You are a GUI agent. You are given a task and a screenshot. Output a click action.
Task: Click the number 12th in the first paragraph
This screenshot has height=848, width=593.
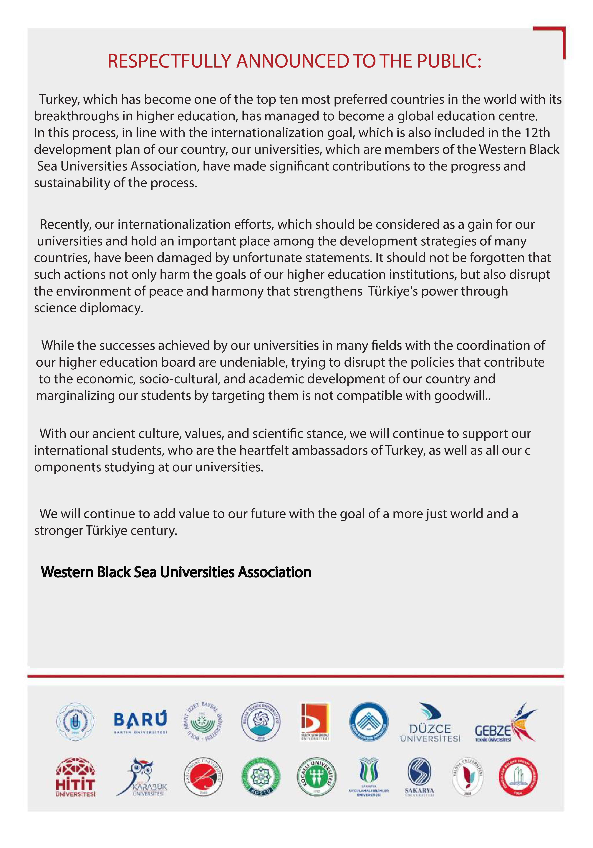(x=537, y=133)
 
